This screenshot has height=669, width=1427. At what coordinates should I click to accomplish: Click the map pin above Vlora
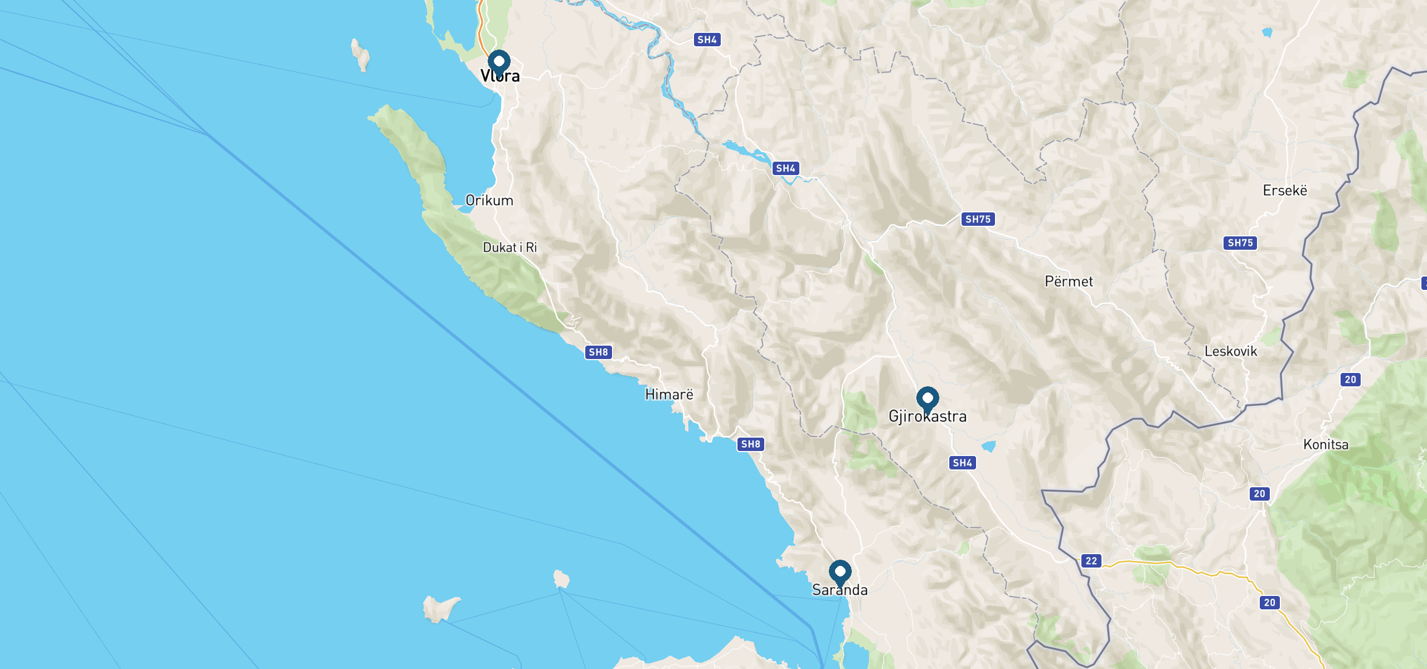click(x=499, y=62)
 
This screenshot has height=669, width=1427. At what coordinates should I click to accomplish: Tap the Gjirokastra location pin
click(x=927, y=399)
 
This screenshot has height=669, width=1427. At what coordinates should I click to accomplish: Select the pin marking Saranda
click(x=839, y=573)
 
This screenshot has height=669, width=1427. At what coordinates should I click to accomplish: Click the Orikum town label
click(x=489, y=201)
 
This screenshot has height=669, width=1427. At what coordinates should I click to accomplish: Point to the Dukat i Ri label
click(x=509, y=248)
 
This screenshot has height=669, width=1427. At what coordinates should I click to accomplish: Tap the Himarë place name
click(x=669, y=395)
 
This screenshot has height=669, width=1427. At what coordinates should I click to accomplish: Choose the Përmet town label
click(x=1069, y=282)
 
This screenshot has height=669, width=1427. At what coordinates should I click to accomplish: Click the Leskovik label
click(x=1230, y=351)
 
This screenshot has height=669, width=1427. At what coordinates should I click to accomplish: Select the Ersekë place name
click(x=1284, y=191)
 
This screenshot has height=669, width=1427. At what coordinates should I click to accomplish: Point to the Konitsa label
click(x=1326, y=445)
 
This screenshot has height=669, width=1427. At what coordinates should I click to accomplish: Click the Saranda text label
click(x=839, y=590)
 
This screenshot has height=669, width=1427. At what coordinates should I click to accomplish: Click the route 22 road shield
click(x=1091, y=561)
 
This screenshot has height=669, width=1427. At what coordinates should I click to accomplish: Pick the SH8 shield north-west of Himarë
click(x=598, y=352)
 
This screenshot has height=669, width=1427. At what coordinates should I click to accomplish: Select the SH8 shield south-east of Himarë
click(x=750, y=444)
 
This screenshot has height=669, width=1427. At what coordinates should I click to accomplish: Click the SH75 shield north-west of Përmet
click(x=978, y=219)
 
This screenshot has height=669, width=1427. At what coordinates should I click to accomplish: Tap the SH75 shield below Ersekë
click(x=1240, y=243)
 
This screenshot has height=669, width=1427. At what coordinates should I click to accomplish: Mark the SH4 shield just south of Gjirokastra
click(x=962, y=463)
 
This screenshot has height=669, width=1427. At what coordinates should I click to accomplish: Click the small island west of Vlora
click(x=360, y=55)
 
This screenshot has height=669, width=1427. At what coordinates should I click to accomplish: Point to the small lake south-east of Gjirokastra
click(x=988, y=446)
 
